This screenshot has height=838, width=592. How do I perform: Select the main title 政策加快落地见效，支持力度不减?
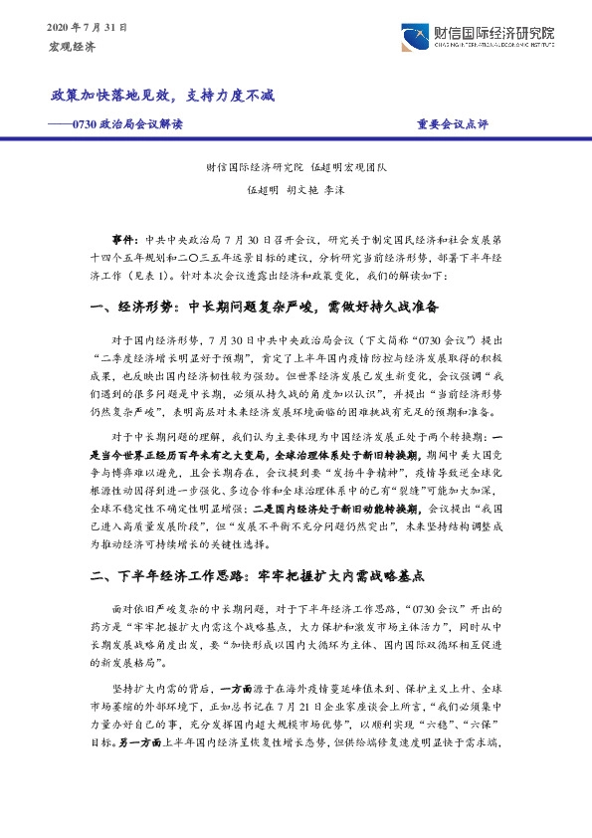162,97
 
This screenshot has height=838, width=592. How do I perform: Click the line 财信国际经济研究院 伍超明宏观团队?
296,168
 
